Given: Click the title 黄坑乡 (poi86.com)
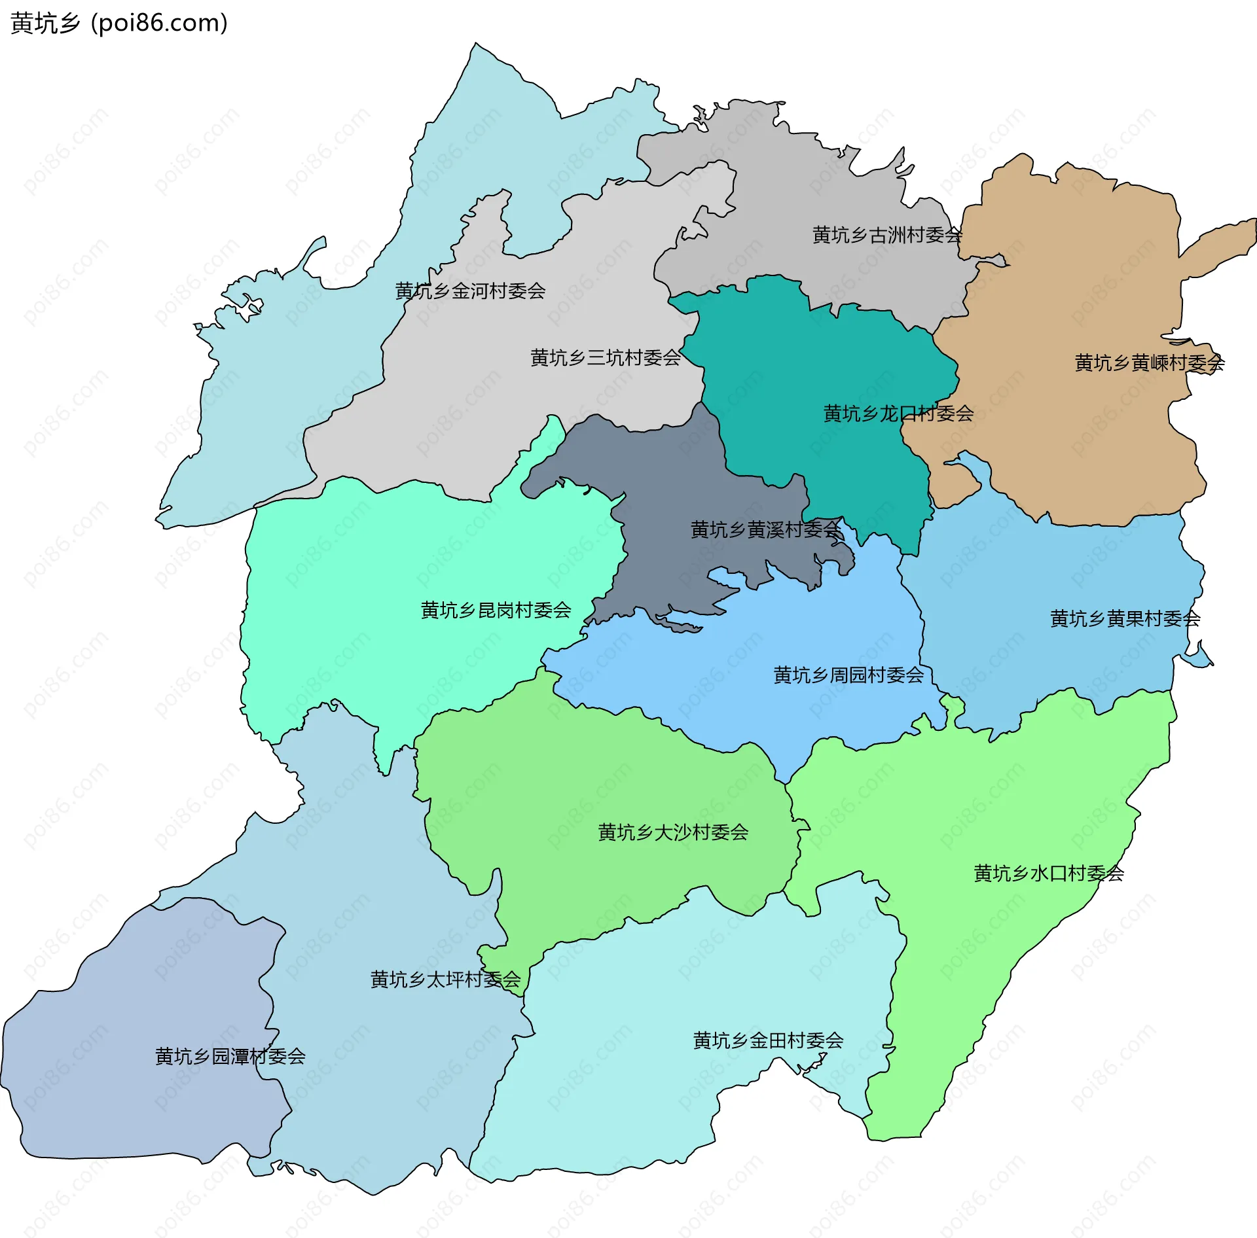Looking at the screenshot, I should click(119, 24).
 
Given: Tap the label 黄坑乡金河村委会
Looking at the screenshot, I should click(470, 291).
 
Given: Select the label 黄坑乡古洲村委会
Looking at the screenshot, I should click(887, 235).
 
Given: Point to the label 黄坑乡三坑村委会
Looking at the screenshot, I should click(606, 358).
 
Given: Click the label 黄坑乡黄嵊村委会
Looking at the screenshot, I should click(1150, 363).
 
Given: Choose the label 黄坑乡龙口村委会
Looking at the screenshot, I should click(898, 414).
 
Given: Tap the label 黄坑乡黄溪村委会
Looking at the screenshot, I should click(765, 529).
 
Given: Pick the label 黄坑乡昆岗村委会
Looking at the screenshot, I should click(496, 610).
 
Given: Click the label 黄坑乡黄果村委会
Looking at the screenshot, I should click(1125, 618).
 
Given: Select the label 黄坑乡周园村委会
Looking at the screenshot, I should click(848, 675).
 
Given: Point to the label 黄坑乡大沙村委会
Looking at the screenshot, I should click(673, 832).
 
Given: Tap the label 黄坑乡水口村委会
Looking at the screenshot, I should click(1048, 874).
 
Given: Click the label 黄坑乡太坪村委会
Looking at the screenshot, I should click(445, 980).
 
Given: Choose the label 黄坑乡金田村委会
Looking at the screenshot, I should click(768, 1040).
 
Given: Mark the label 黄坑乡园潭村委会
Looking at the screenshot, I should click(230, 1056).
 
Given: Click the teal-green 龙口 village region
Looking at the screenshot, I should click(818, 366).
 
